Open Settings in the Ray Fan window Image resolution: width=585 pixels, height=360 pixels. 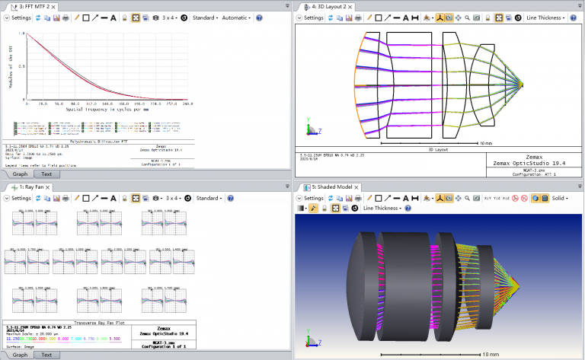[20, 198]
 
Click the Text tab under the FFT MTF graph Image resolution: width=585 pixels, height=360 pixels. [46, 174]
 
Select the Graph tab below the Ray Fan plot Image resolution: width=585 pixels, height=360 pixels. [20, 355]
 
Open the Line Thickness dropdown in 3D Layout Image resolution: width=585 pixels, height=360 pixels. [548, 17]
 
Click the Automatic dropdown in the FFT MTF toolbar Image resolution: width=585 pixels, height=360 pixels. [236, 17]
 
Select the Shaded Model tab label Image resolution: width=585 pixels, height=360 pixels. [324, 186]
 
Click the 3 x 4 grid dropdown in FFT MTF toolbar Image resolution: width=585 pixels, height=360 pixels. [170, 17]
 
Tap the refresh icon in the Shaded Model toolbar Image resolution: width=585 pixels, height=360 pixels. [330, 198]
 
